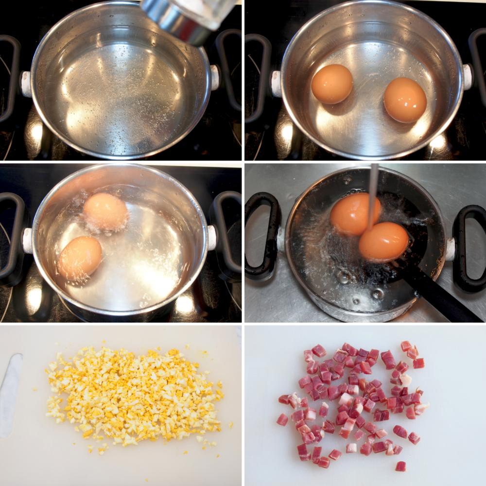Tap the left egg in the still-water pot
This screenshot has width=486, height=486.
click(x=332, y=84)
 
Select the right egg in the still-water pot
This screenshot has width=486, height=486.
click(x=405, y=100)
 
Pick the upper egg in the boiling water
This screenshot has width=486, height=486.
click(x=105, y=211)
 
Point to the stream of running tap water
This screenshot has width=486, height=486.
click(x=373, y=194)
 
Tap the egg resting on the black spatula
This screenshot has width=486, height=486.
click(x=384, y=241)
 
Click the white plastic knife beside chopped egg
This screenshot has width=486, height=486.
click(x=11, y=394)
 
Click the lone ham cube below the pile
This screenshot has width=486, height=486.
click(x=400, y=466)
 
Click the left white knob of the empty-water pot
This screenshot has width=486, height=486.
click(x=25, y=84)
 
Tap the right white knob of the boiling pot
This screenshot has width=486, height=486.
click(x=212, y=238)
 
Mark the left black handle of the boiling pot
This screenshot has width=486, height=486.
click(x=11, y=238)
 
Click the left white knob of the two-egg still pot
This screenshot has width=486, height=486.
click(x=276, y=84)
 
